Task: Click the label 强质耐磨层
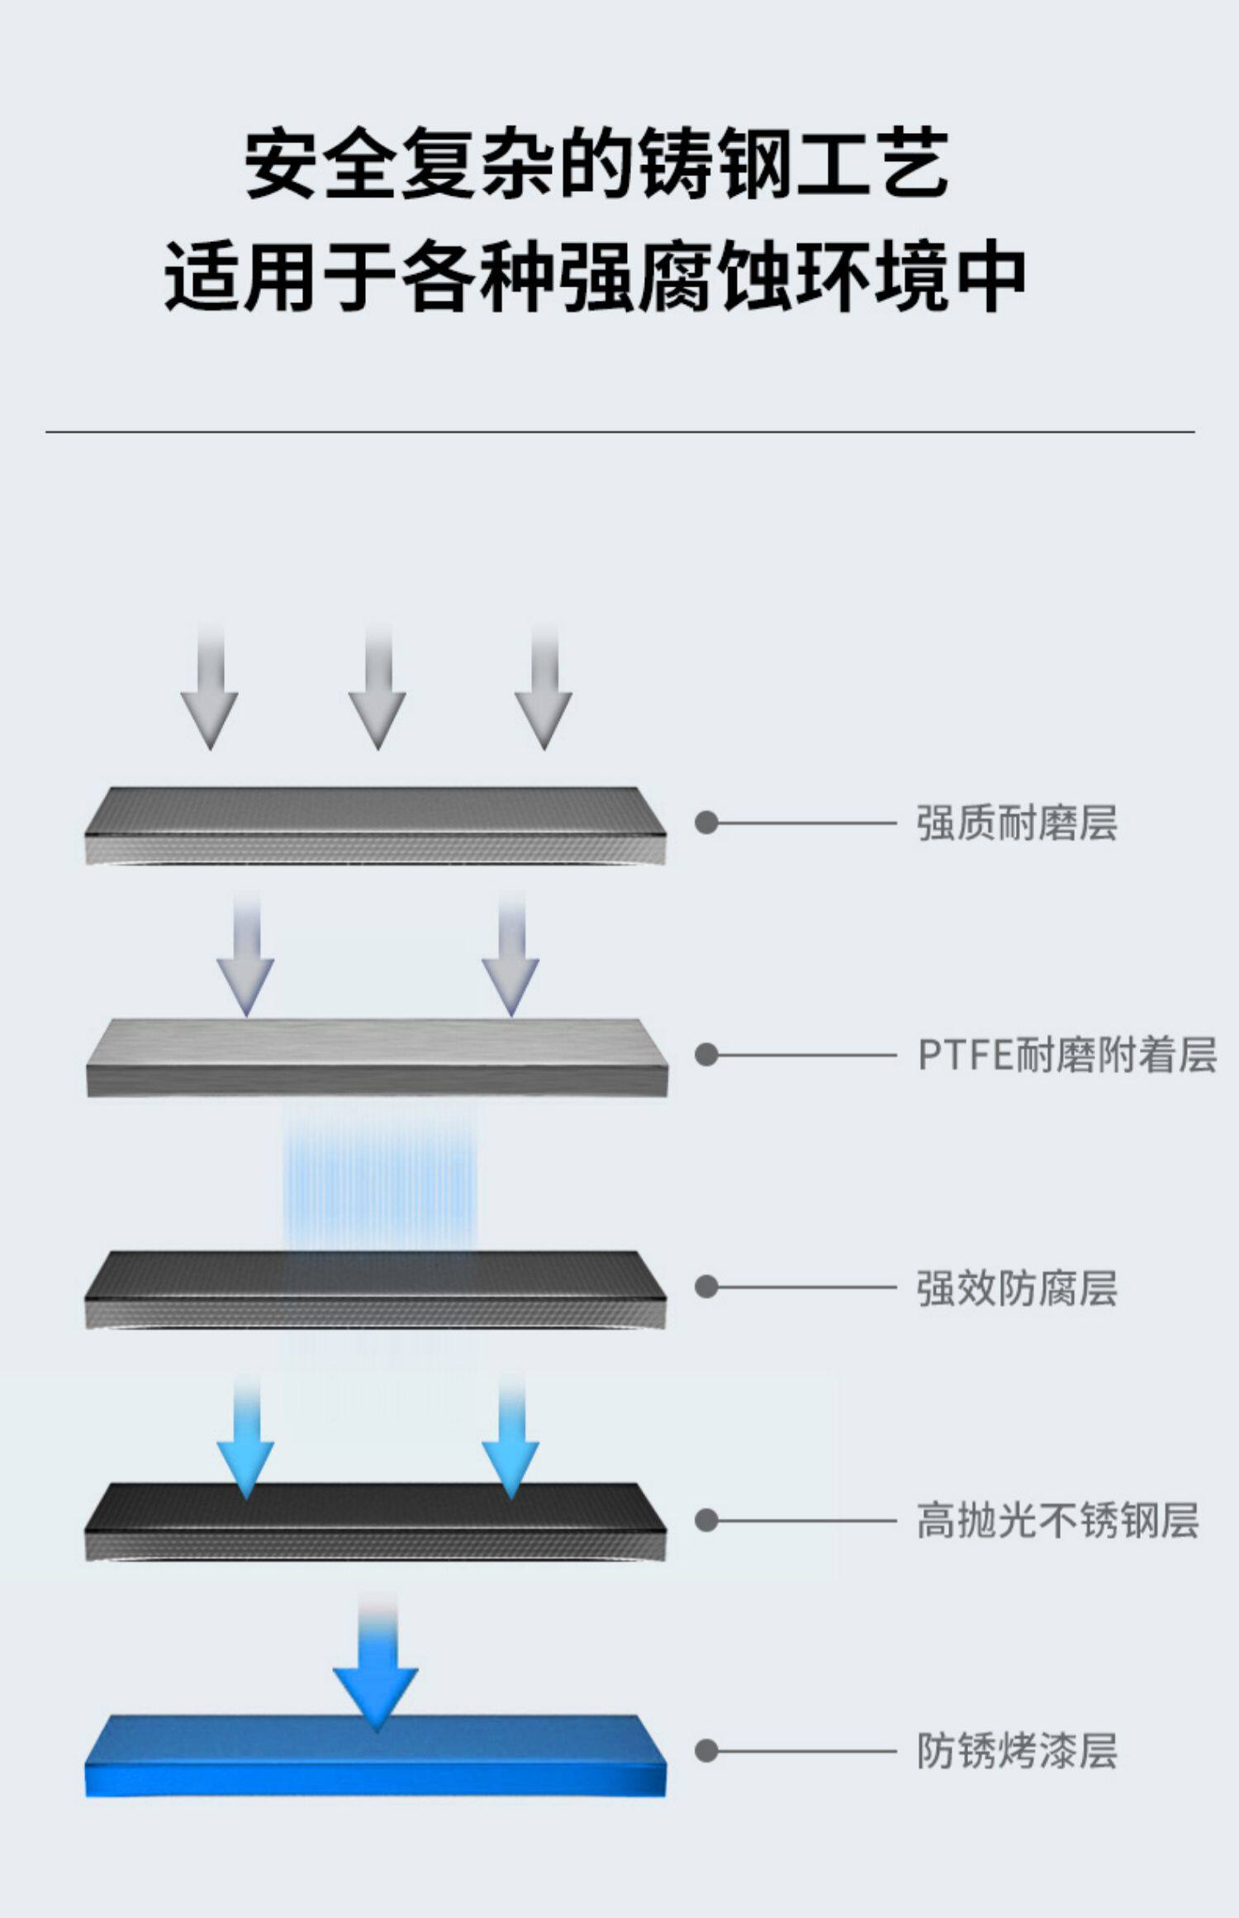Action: (x=1016, y=823)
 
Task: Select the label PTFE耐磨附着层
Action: (x=1066, y=1055)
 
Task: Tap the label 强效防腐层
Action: (x=1016, y=1288)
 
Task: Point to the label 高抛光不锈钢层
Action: (x=1057, y=1521)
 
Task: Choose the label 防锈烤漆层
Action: (x=1016, y=1752)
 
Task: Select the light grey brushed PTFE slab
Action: (x=376, y=1056)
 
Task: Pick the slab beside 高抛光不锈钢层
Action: (x=375, y=1521)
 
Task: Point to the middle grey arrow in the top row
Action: (x=377, y=694)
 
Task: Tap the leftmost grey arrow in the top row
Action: (x=210, y=694)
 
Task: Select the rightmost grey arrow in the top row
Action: (x=544, y=694)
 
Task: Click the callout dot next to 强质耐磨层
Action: (x=706, y=823)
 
